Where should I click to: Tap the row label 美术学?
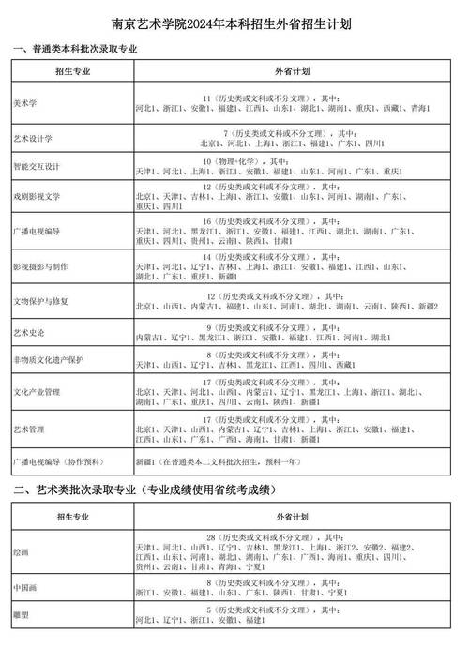point(25,102)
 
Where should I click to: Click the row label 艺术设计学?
point(32,137)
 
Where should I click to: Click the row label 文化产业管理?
point(36,390)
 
